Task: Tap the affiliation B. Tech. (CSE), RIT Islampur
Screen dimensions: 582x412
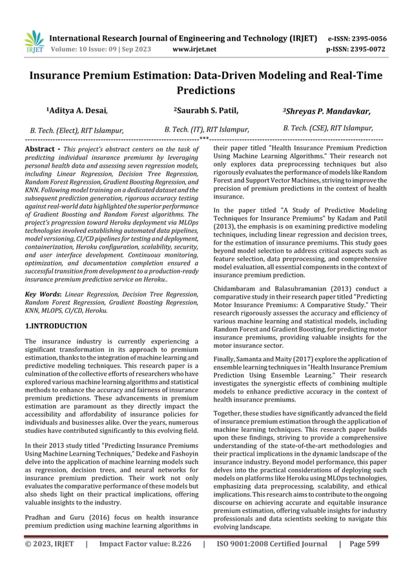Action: tap(328, 128)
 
